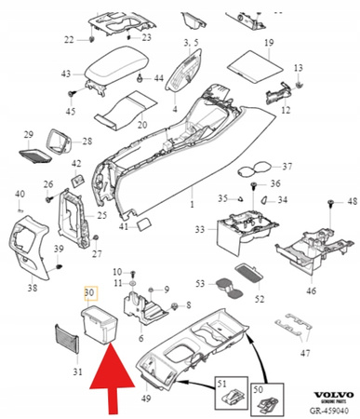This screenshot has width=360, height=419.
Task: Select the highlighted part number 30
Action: coord(89,292)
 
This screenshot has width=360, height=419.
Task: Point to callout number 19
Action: coord(269,45)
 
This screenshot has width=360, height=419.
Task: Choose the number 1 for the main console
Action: coord(193,204)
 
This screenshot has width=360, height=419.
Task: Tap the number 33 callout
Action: coord(200,229)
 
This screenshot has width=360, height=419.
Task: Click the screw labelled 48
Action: coord(331,202)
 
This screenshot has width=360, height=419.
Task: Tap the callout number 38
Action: coord(33,288)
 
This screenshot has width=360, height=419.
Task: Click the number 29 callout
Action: coord(28,134)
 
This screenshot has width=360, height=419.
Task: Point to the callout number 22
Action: coord(67,39)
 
